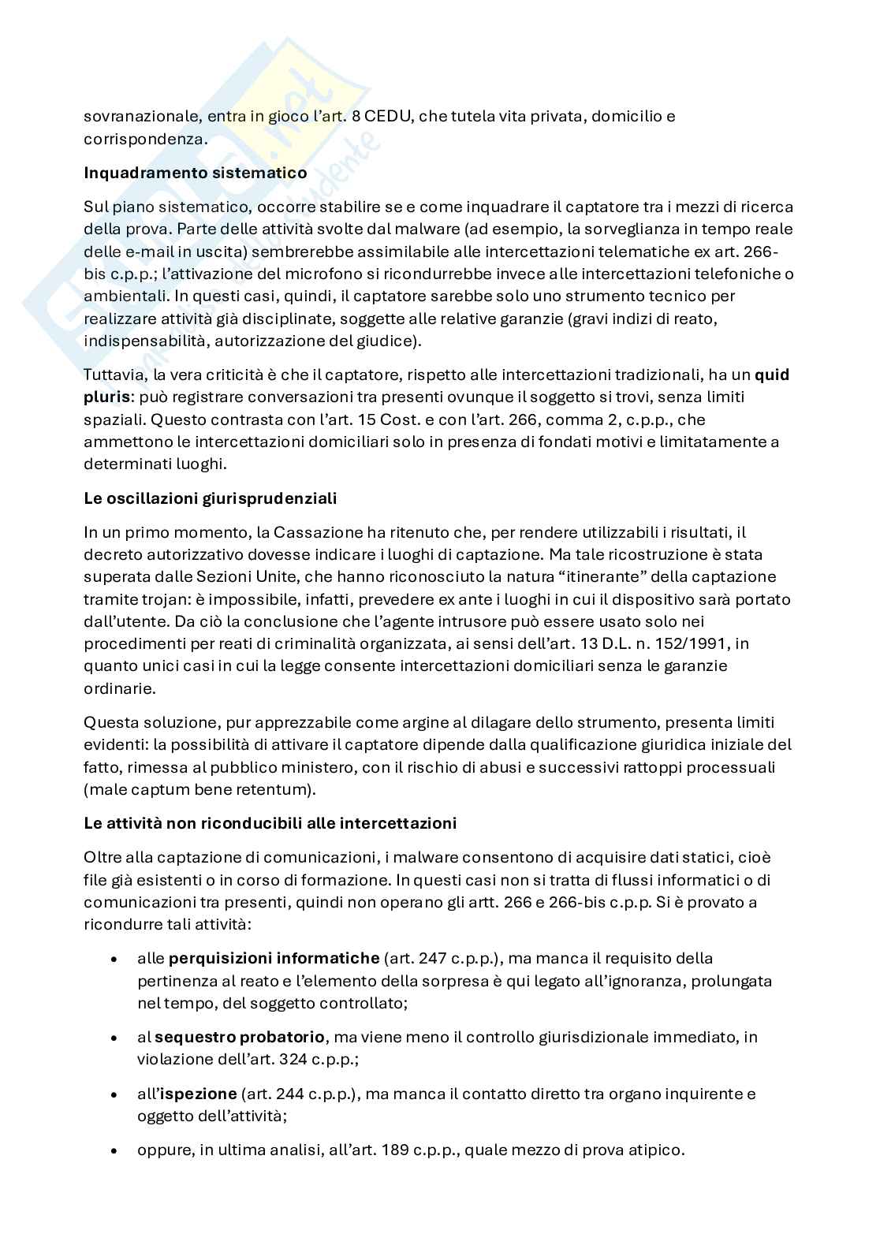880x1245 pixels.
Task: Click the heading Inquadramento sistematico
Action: pyautogui.click(x=195, y=173)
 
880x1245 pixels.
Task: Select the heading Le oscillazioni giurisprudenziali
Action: pyautogui.click(x=210, y=498)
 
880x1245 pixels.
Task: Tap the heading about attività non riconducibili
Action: pyautogui.click(x=270, y=823)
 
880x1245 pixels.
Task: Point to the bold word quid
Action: pyautogui.click(x=771, y=375)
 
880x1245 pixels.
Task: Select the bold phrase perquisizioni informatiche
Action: pyautogui.click(x=274, y=959)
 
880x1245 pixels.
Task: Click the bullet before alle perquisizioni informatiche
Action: pyautogui.click(x=116, y=960)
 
